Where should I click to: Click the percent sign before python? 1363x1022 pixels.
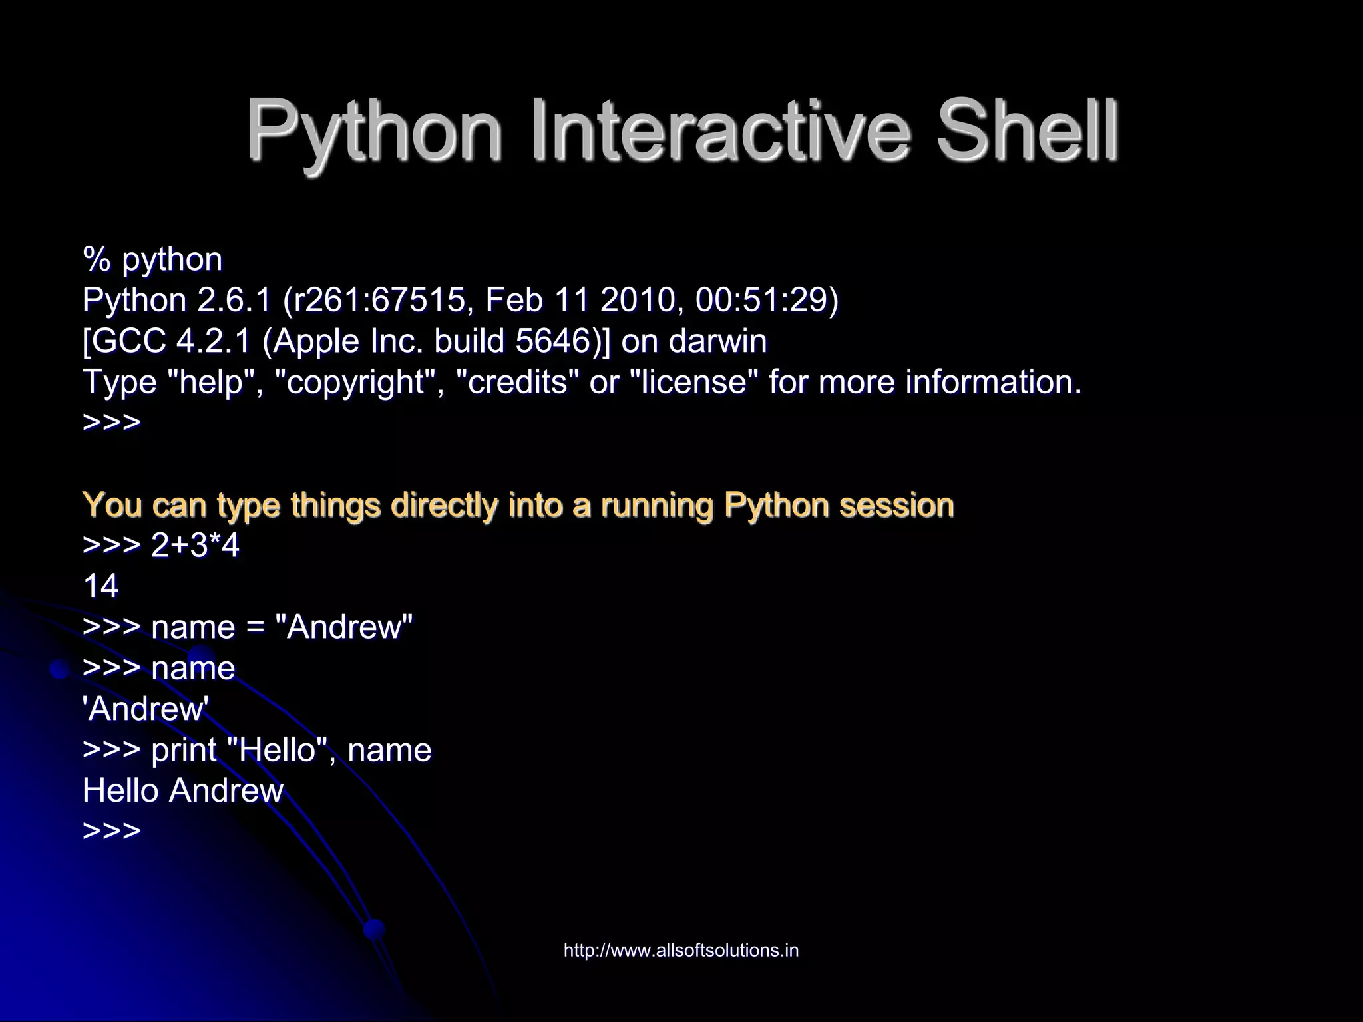click(96, 259)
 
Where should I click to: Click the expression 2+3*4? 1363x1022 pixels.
click(195, 546)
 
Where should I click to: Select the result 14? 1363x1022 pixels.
click(100, 587)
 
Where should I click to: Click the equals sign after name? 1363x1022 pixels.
click(255, 628)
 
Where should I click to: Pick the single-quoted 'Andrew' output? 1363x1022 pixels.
click(146, 709)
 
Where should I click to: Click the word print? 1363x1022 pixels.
click(184, 751)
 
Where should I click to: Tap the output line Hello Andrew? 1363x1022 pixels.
click(183, 791)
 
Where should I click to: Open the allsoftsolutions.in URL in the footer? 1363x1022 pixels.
click(681, 951)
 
